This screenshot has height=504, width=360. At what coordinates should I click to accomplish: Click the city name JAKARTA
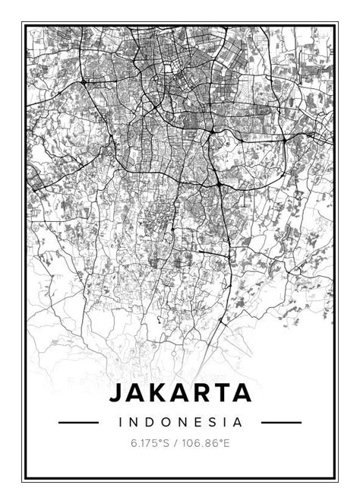pyautogui.click(x=180, y=393)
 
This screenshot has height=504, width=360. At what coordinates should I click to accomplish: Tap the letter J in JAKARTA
pyautogui.click(x=117, y=393)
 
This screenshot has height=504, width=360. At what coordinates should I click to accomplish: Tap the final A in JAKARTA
pyautogui.click(x=240, y=393)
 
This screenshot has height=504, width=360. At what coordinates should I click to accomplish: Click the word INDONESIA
pyautogui.click(x=180, y=421)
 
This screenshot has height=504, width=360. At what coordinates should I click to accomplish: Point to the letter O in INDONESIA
pyautogui.click(x=161, y=421)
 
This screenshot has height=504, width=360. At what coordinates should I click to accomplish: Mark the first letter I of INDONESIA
pyautogui.click(x=120, y=421)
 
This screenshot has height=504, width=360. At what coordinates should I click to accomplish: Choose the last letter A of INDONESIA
pyautogui.click(x=238, y=421)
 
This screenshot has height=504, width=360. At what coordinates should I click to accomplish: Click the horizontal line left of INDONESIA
pyautogui.click(x=78, y=422)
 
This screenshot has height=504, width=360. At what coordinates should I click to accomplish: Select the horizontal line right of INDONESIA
pyautogui.click(x=281, y=422)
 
